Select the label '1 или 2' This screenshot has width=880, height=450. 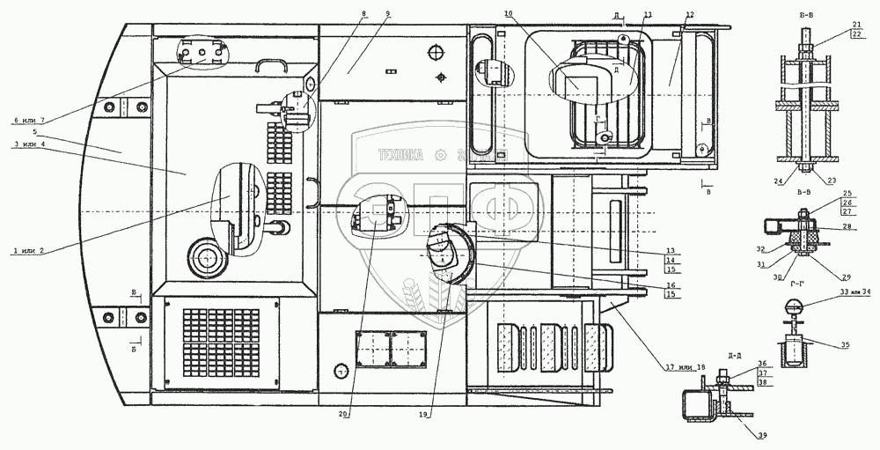click(x=29, y=250)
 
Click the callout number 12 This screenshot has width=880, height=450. click(x=689, y=16)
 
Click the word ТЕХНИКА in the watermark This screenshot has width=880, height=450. click(x=400, y=156)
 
